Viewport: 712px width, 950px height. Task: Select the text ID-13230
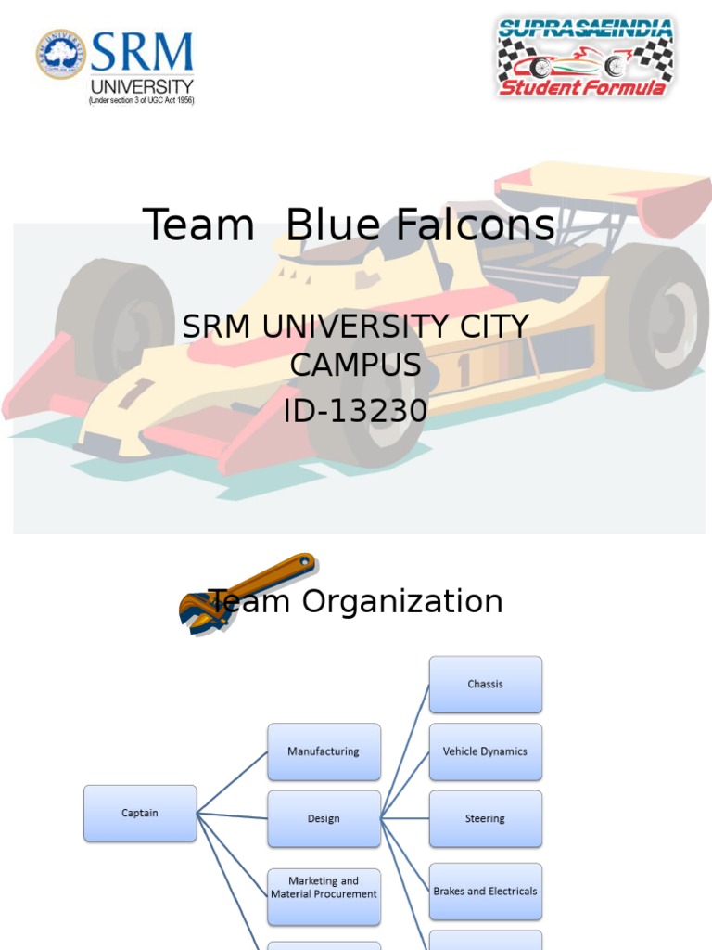355,409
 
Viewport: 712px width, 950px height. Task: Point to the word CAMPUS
355,366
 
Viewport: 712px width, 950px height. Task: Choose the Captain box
140,814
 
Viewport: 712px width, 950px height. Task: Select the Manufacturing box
324,751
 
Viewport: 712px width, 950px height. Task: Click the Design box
324,819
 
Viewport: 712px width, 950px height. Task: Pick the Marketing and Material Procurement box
324,888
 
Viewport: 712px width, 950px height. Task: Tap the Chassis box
485,685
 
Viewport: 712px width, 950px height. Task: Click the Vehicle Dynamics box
485,751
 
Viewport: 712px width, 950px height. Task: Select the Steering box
485,819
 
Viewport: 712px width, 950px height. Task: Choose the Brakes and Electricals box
485,892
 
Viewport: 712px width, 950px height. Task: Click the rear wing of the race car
603,185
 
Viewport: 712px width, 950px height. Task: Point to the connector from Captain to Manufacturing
232,783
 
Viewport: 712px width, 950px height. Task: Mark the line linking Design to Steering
405,819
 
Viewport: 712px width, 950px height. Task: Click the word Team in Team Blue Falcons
198,225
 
